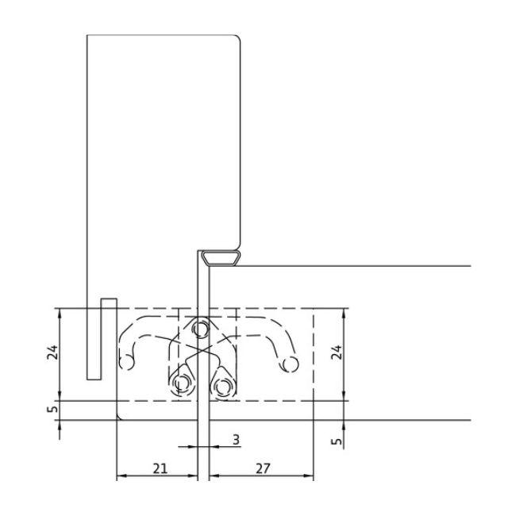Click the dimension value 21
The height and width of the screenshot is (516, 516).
point(160,468)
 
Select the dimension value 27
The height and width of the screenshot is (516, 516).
point(263,468)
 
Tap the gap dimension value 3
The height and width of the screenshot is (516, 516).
point(236,440)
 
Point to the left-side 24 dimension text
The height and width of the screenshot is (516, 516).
point(52,352)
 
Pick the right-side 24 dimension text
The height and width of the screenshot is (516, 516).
point(337,352)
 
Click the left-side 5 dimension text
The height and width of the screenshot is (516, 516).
point(53,408)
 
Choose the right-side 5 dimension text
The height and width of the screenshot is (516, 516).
point(337,441)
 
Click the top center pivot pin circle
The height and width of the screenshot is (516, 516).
point(200,328)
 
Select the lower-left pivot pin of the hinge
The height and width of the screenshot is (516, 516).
point(181,383)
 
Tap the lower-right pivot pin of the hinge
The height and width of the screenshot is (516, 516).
point(223,385)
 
